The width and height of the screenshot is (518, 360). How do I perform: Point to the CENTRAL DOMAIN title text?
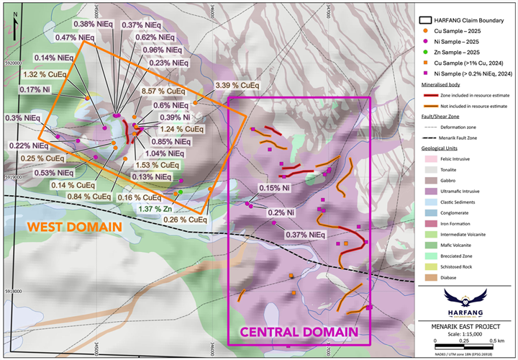(x=299, y=332)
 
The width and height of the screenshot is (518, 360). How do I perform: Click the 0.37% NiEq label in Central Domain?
(x=296, y=234)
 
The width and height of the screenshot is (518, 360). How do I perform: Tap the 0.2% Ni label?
(x=281, y=212)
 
